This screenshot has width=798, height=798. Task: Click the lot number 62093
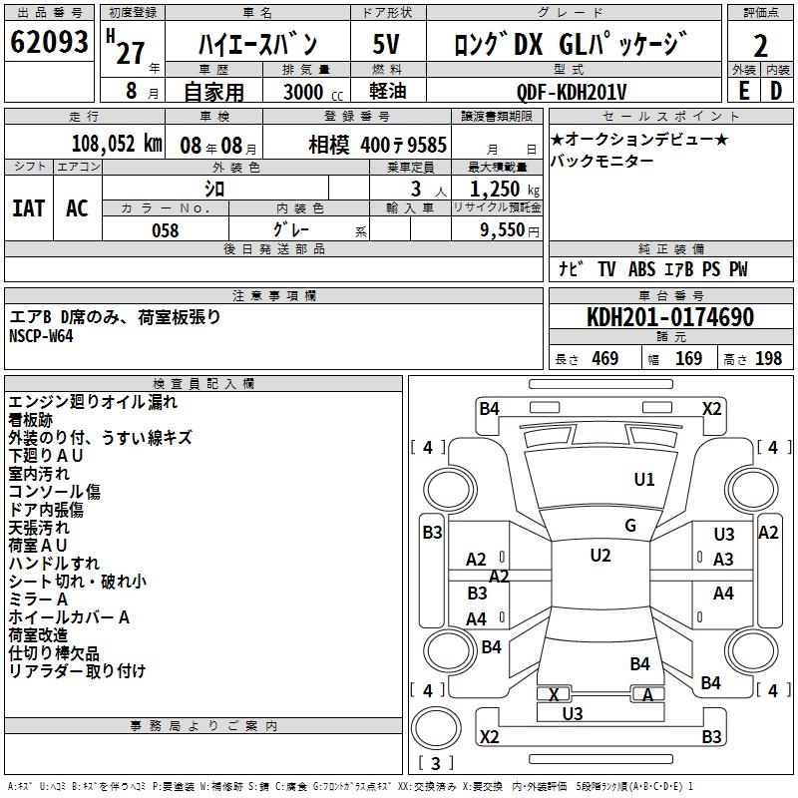pyautogui.click(x=49, y=42)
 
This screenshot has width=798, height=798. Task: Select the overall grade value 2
pyautogui.click(x=760, y=46)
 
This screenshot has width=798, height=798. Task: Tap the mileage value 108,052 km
pyautogui.click(x=117, y=144)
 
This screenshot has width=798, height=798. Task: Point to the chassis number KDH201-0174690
pyautogui.click(x=670, y=317)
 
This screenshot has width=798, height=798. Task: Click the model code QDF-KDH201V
pyautogui.click(x=571, y=92)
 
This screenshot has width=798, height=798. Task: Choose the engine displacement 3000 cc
pyautogui.click(x=313, y=93)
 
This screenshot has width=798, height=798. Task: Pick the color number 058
pyautogui.click(x=166, y=230)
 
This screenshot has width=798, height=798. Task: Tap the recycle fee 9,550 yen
pyautogui.click(x=510, y=230)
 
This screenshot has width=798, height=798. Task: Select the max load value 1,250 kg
pyautogui.click(x=505, y=190)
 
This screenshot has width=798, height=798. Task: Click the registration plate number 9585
pyautogui.click(x=427, y=145)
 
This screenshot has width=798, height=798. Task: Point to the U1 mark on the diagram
pyautogui.click(x=643, y=479)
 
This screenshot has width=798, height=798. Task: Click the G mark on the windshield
pyautogui.click(x=630, y=526)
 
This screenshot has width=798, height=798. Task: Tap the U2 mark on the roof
pyautogui.click(x=600, y=556)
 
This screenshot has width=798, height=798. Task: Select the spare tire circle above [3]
pyautogui.click(x=436, y=728)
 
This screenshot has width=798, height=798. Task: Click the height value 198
pyautogui.click(x=768, y=359)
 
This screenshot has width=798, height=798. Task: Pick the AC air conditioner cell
pyautogui.click(x=78, y=208)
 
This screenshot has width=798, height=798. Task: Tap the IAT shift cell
pyautogui.click(x=29, y=208)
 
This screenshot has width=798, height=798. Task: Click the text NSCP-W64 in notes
pyautogui.click(x=41, y=336)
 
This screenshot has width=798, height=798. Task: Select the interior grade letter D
pyautogui.click(x=776, y=92)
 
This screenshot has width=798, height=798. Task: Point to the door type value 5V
pyautogui.click(x=386, y=44)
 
